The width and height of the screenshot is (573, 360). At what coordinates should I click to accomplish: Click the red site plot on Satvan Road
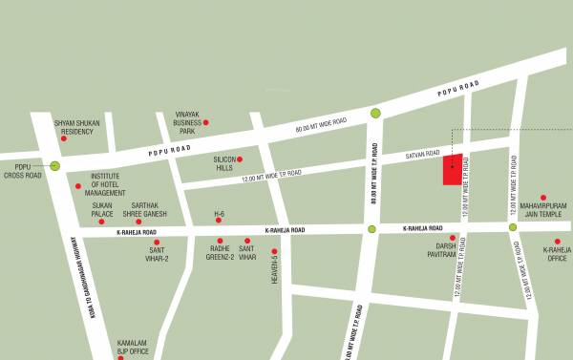(x=453, y=169)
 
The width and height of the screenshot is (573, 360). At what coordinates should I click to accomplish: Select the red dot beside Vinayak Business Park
(x=205, y=122)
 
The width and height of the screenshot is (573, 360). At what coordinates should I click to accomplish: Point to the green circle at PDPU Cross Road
(x=54, y=166)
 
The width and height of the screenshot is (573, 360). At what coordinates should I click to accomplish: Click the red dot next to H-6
(x=218, y=221)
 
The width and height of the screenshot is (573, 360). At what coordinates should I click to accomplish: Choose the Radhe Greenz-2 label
(x=221, y=254)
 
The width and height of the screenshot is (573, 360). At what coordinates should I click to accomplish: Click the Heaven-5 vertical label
(x=275, y=271)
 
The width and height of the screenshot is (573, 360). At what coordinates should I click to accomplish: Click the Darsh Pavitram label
(x=441, y=249)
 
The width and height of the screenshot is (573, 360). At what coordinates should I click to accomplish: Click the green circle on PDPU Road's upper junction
(x=375, y=113)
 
